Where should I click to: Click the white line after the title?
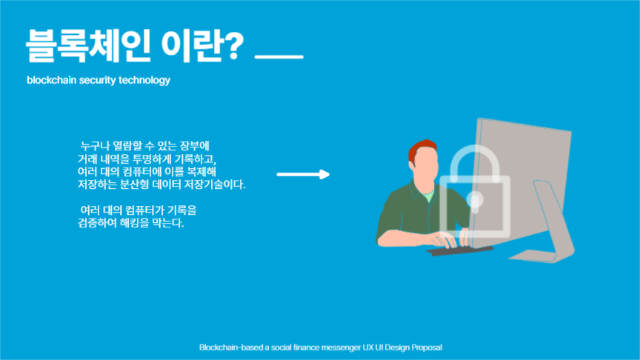279,57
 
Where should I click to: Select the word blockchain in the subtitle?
50,80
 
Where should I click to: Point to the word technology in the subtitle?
144,80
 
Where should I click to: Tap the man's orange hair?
423,147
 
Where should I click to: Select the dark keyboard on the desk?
459,250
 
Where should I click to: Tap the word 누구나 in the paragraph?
95,145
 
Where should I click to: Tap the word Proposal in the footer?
426,347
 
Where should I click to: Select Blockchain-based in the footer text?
225,347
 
